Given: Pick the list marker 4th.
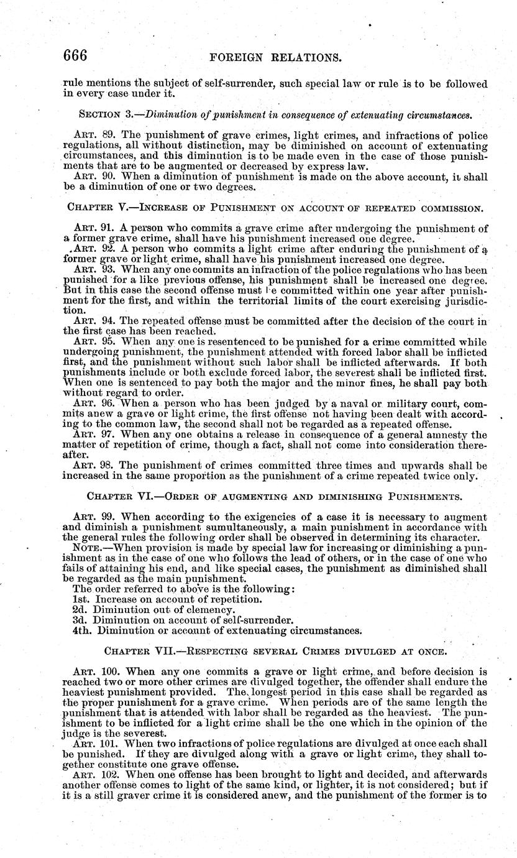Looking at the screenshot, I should coord(81,630).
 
